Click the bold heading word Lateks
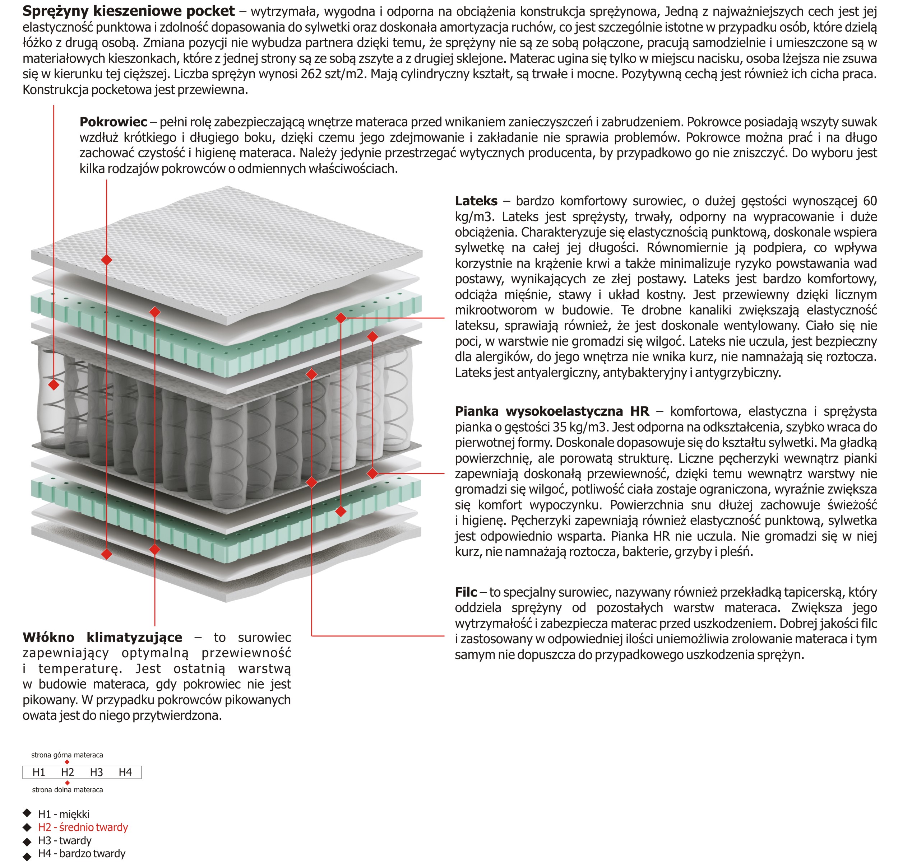(476, 201)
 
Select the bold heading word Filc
(466, 592)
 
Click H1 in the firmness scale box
(39, 772)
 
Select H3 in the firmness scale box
(96, 772)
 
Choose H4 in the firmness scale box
(125, 772)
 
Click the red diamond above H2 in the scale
(68, 762)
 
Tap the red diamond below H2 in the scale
(68, 783)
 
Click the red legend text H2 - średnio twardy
(83, 827)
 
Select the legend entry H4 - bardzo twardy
(82, 853)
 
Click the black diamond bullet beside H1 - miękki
(27, 813)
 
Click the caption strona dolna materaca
(68, 790)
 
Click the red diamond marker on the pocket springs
(54, 384)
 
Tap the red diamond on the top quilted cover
(107, 260)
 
